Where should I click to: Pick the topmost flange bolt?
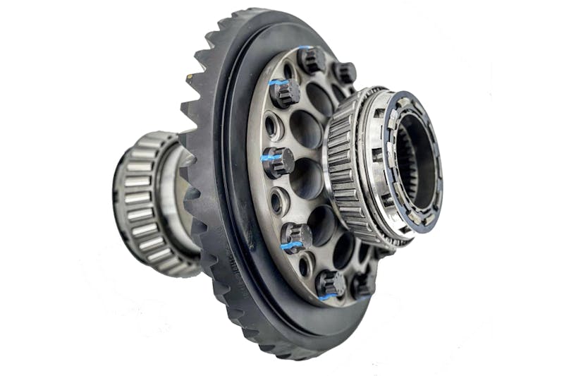(x=310, y=59)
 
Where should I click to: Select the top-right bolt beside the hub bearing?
(x=344, y=72)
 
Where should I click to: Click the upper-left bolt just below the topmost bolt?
(x=284, y=92)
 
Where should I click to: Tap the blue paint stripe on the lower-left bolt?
(x=290, y=245)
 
